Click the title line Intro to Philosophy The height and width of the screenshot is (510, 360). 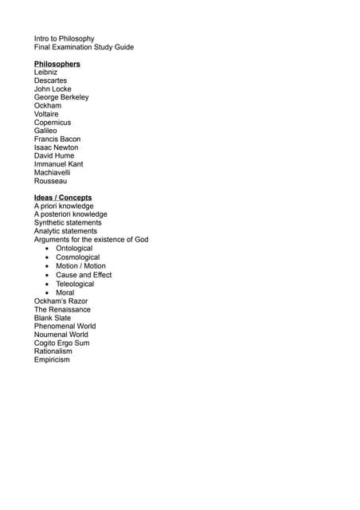64,38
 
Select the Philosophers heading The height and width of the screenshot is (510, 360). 57,64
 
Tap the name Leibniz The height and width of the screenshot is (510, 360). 45,73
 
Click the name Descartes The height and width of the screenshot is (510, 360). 50,80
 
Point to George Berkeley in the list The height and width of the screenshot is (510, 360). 61,97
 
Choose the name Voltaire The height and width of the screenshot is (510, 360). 46,114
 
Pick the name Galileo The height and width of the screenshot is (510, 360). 46,131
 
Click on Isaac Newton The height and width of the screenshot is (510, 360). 56,147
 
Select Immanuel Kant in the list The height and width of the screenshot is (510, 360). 58,164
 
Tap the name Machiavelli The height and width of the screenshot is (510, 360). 52,172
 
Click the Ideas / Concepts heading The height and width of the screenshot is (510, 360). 62,198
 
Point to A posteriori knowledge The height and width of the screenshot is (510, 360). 70,214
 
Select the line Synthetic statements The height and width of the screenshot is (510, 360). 68,223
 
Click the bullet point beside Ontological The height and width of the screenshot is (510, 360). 48,249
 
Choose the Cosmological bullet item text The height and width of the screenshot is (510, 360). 78,257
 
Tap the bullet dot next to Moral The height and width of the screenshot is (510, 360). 48,292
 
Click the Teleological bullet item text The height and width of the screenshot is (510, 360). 75,284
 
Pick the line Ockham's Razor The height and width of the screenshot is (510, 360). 62,300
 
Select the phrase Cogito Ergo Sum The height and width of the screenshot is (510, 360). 61,343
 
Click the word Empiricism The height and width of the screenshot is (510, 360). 52,359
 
